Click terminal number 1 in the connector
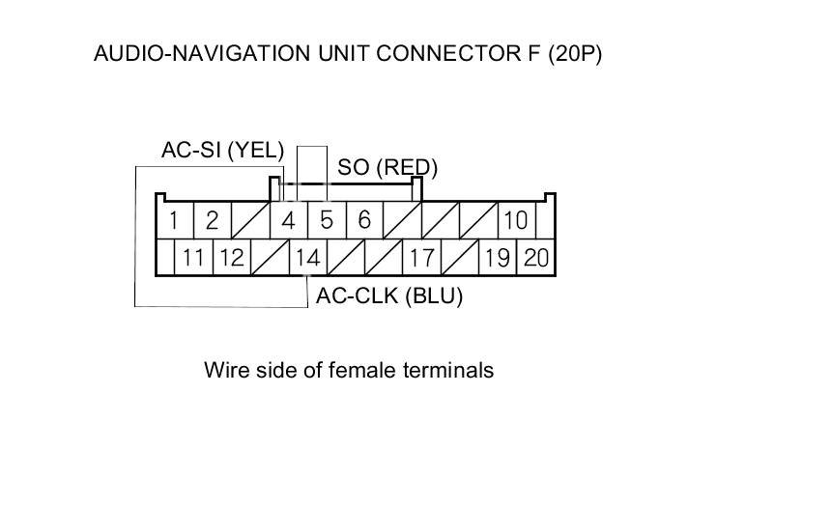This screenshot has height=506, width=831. [173, 220]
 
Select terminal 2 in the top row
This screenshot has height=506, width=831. [212, 220]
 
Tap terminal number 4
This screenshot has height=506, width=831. [288, 220]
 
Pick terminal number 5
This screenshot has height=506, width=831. [327, 220]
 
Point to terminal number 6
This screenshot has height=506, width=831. [364, 220]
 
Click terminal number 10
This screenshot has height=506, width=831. [516, 220]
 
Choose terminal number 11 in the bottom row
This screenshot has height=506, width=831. [193, 258]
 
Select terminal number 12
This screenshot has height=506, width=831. [231, 258]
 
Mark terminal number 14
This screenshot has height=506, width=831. [307, 258]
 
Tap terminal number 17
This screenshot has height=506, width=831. [421, 258]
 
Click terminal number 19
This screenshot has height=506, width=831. [498, 258]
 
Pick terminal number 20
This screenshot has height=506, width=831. [535, 258]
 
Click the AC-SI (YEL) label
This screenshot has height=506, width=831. [222, 150]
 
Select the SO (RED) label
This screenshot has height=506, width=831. [387, 167]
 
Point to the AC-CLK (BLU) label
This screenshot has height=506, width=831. [389, 296]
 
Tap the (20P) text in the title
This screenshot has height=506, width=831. [575, 54]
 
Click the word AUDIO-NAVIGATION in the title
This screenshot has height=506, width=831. [203, 54]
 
